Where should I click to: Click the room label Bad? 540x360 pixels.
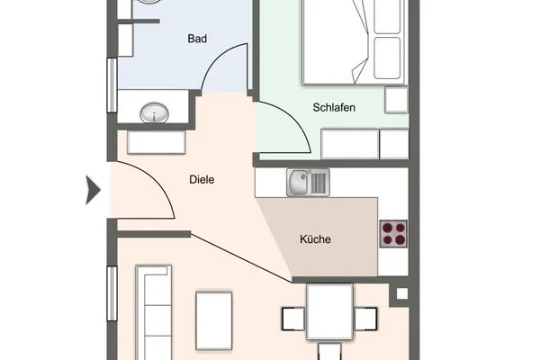[x=197, y=39]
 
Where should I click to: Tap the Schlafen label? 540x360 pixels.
[x=333, y=107]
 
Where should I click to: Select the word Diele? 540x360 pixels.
[x=202, y=179]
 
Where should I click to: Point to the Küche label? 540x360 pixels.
[x=315, y=239]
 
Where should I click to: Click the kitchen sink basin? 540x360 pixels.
[x=298, y=183]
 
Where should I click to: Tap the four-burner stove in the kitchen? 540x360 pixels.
[x=393, y=234]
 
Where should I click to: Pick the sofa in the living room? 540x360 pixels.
[x=153, y=310]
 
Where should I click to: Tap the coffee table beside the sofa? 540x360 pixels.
[x=215, y=319]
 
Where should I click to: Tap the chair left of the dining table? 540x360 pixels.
[x=293, y=319]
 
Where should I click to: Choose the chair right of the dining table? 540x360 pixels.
[x=366, y=319]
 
